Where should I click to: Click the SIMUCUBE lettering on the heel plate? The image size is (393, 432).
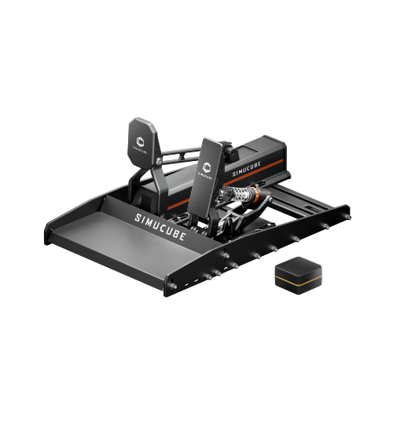[160, 227]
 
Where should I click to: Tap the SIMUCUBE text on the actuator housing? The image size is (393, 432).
[247, 169]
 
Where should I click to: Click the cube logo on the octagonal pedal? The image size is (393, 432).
[141, 141]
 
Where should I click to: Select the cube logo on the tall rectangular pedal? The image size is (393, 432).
[207, 167]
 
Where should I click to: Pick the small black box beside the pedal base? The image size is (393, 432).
[299, 275]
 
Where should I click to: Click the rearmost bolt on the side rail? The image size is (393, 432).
[349, 218]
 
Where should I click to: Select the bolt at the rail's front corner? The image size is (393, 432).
[173, 286]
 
